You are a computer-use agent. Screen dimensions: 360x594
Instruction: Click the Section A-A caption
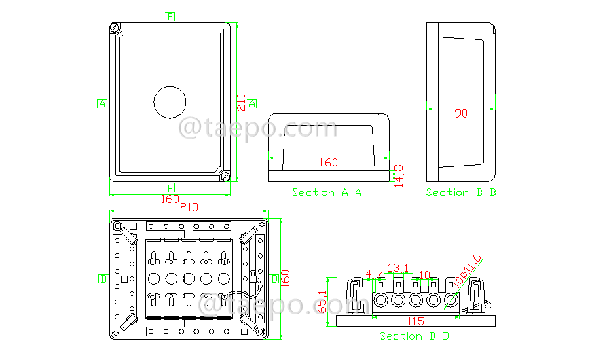[327, 192]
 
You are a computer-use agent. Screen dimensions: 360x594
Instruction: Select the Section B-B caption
[460, 192]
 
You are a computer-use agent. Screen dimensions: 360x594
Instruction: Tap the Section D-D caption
[414, 336]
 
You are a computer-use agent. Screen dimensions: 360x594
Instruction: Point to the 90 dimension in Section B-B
[461, 114]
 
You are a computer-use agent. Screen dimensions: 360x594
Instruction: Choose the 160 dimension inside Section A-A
[328, 162]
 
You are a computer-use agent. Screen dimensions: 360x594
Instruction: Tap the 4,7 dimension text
[374, 274]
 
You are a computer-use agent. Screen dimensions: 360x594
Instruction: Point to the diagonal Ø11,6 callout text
[468, 270]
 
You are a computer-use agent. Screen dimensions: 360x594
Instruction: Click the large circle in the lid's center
[170, 103]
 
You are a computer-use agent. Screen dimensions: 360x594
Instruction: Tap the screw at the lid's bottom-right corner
[226, 177]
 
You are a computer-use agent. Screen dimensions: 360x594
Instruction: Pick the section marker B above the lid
[170, 16]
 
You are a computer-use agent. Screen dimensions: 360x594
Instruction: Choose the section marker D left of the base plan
[103, 278]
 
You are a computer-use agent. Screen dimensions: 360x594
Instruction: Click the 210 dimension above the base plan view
[189, 206]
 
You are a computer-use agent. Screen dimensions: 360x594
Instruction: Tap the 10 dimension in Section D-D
[424, 274]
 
